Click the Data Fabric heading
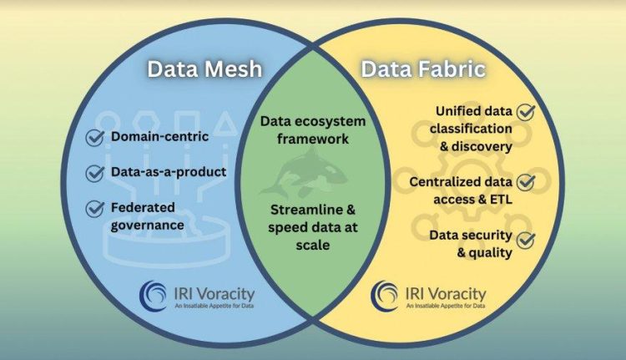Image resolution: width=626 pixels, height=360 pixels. tap(423, 68)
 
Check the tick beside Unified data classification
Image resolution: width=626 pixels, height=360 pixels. tap(526, 111)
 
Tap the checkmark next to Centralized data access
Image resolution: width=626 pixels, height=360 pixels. tap(526, 180)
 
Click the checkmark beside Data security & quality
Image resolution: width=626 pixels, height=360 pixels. tap(526, 241)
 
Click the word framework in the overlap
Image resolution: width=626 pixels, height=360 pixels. tap(312, 139)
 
